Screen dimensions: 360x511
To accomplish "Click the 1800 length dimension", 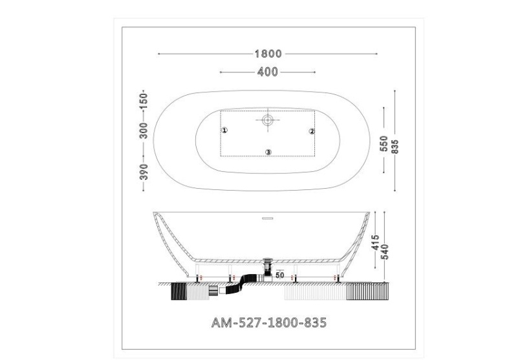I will [267, 54].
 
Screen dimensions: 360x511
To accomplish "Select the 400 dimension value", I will [267, 72].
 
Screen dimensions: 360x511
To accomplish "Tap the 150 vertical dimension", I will [144, 101].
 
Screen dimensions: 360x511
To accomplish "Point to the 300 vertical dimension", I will [144, 130].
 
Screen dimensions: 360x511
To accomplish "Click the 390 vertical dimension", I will [144, 171].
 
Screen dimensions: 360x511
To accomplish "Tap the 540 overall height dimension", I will [386, 247].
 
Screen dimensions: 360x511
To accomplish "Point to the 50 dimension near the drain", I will [281, 275].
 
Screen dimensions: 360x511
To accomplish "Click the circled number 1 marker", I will [224, 130].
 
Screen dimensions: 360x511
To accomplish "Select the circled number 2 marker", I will [312, 131].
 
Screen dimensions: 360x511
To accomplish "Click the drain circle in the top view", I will [268, 119].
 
